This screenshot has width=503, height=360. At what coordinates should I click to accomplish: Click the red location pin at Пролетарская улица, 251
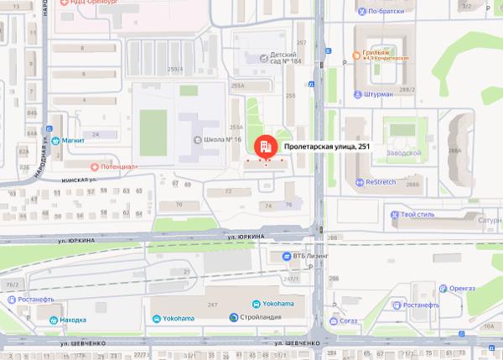click(266, 146)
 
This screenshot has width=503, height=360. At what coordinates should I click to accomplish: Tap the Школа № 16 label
click(222, 139)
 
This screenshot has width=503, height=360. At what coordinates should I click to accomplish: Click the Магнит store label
click(73, 140)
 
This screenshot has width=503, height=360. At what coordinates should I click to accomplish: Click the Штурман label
click(379, 95)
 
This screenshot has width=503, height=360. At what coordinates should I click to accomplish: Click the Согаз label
click(348, 321)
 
